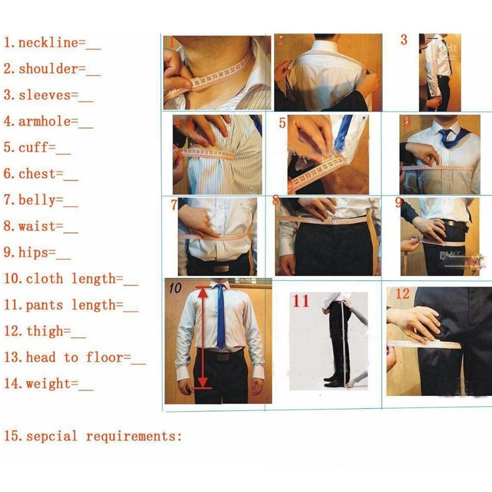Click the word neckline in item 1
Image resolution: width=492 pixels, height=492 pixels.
click(x=49, y=43)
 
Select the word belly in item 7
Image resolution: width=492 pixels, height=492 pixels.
click(x=41, y=200)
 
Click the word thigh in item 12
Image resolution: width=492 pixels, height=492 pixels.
click(x=44, y=331)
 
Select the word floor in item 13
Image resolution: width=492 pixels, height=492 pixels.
click(x=108, y=357)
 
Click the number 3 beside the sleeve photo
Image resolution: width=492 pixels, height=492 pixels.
click(x=403, y=40)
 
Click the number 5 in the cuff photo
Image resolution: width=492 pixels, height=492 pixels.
click(x=282, y=123)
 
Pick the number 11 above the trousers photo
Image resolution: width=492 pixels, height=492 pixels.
click(x=301, y=301)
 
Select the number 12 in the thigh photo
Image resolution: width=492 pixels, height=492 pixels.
click(x=402, y=294)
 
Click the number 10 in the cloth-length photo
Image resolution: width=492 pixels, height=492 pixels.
click(x=175, y=287)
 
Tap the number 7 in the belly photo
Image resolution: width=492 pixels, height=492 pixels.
click(x=174, y=204)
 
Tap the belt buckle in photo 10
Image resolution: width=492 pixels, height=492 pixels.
click(x=221, y=356)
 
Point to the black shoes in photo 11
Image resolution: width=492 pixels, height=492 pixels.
click(x=333, y=380)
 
